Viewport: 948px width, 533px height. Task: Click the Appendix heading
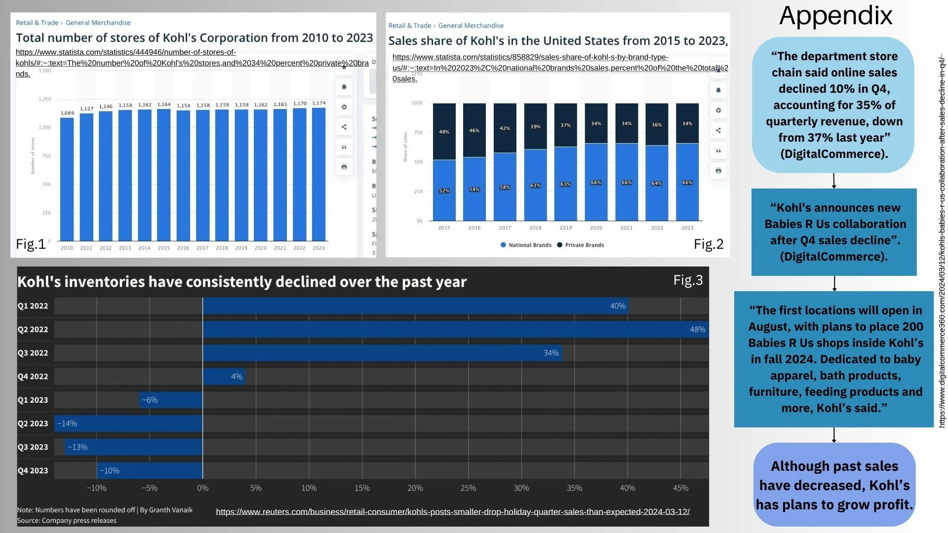pos(835,16)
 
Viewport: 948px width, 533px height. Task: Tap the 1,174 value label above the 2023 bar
pos(319,103)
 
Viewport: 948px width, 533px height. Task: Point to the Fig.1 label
pos(31,244)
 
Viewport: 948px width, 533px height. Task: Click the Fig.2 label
pos(709,244)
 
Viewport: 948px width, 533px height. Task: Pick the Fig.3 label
pos(688,280)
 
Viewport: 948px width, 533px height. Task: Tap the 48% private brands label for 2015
pos(444,132)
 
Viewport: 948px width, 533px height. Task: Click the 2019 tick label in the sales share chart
pos(566,228)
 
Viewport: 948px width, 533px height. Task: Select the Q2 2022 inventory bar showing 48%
pos(455,329)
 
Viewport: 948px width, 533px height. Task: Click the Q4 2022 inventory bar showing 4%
pos(224,377)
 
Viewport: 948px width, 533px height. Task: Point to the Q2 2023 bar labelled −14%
pos(128,423)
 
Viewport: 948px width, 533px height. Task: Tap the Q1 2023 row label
pos(33,400)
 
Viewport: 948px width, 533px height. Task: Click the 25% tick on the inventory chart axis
pos(468,488)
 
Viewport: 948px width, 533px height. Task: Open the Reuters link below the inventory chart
pos(453,512)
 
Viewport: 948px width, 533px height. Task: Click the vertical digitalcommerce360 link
pos(942,242)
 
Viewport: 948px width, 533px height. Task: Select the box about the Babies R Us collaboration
pos(834,232)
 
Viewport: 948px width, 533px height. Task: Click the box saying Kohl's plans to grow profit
pos(834,485)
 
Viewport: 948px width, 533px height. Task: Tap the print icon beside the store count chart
pos(344,167)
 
